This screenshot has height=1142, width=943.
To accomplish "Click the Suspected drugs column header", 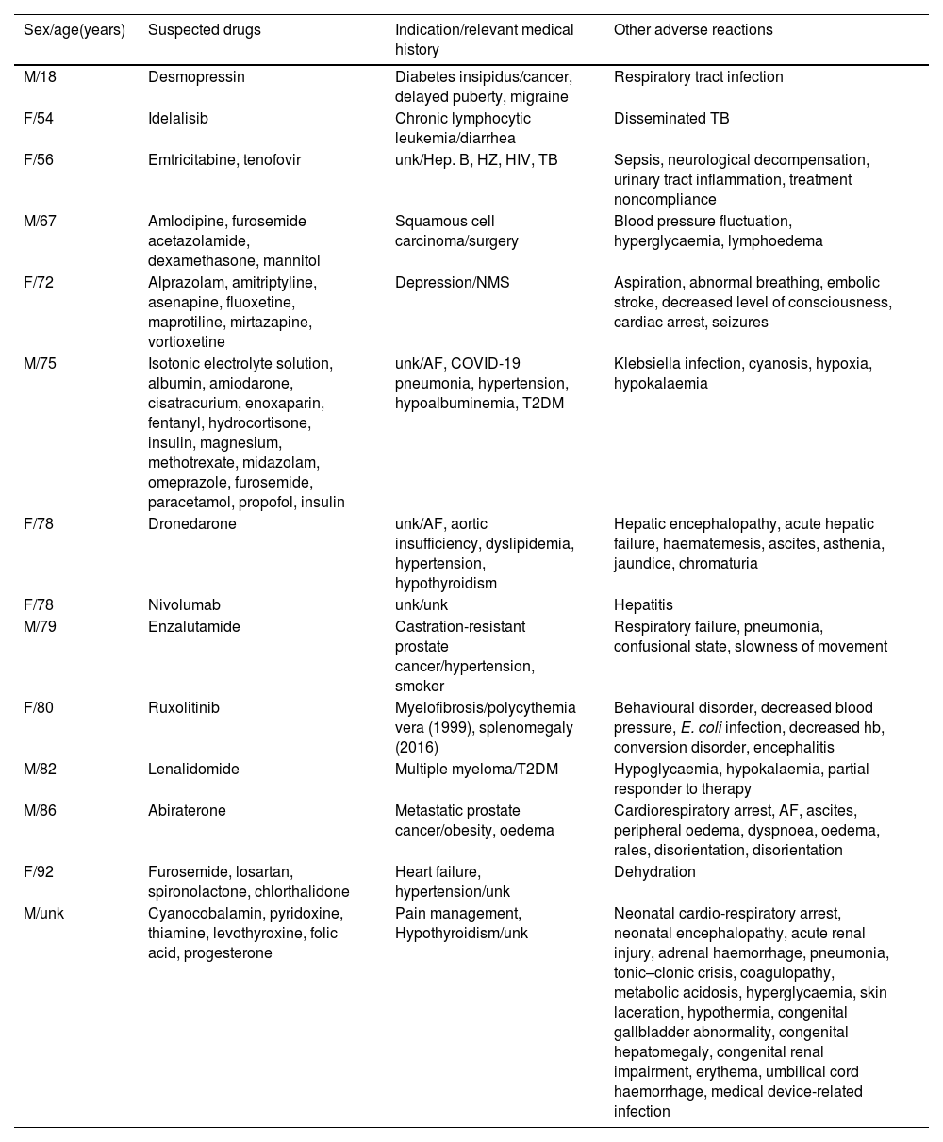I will (205, 30).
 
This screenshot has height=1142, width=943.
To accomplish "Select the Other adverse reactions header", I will (693, 30).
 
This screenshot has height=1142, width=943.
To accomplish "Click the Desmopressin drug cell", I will (196, 77).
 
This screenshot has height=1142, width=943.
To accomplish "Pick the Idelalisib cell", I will (178, 119).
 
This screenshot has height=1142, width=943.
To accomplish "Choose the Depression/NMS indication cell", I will (452, 283).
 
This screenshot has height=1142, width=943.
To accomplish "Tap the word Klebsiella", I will (647, 364).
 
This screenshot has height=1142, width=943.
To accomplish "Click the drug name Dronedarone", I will (192, 524).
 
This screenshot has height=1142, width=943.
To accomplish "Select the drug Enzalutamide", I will (194, 626).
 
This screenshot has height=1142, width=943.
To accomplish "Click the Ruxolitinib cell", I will (184, 707).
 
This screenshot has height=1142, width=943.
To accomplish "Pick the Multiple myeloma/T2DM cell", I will (476, 769).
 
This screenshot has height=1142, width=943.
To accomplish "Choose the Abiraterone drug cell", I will (187, 810).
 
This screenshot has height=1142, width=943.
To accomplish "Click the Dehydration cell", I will (654, 872).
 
